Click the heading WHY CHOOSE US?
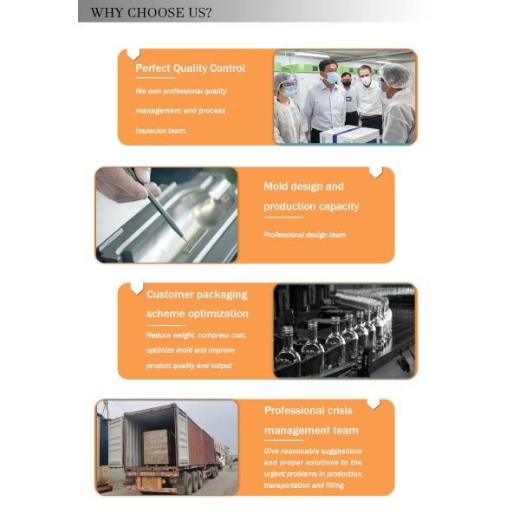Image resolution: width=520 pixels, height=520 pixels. click(x=151, y=13)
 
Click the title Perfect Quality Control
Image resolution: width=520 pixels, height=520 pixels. click(x=190, y=68)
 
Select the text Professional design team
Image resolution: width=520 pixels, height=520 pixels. click(x=305, y=235)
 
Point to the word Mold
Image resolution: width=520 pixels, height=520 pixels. click(x=276, y=186)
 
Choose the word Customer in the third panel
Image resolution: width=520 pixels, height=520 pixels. click(x=170, y=295)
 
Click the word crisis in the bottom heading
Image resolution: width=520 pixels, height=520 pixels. click(x=340, y=411)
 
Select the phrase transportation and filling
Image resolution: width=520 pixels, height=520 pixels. click(x=304, y=485)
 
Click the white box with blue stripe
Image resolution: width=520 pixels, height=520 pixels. click(x=349, y=134)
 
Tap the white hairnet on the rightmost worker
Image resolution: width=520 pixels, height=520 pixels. click(x=395, y=75)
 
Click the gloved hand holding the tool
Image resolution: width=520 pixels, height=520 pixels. click(x=127, y=185)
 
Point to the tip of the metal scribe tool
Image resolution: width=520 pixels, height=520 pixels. click(x=184, y=238)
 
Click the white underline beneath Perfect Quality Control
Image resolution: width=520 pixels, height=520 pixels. click(x=155, y=78)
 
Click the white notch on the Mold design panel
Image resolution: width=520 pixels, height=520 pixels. click(x=376, y=172)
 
